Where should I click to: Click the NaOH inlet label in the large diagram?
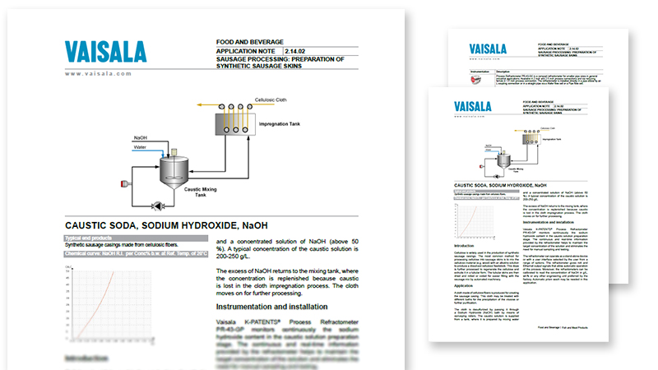141,138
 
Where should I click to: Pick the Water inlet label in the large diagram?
141,147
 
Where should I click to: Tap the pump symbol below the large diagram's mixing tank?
158,204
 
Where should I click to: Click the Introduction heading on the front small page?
465,246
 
